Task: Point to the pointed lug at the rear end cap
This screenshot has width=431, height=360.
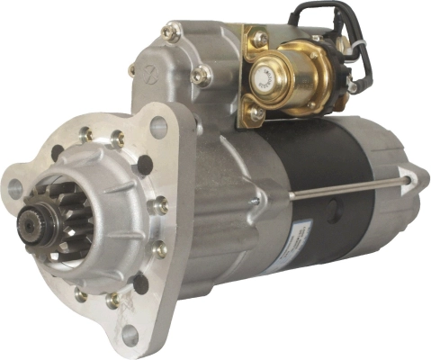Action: [410, 176]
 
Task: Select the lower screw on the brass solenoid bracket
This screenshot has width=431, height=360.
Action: [256, 113]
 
